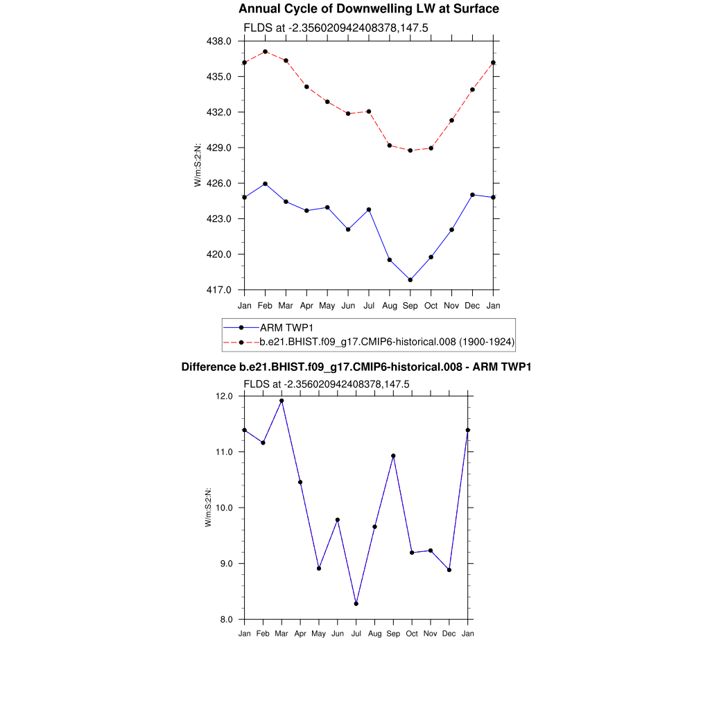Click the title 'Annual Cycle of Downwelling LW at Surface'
pyautogui.click(x=368, y=9)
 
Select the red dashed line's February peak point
pyautogui.click(x=266, y=51)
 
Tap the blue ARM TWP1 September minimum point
pyautogui.click(x=410, y=280)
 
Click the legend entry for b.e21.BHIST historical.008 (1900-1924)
pyautogui.click(x=387, y=342)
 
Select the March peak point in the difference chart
pyautogui.click(x=282, y=401)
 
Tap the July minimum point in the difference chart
pyautogui.click(x=356, y=604)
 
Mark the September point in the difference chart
pyautogui.click(x=393, y=456)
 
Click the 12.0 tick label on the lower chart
pyautogui.click(x=227, y=397)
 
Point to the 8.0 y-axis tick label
pyautogui.click(x=227, y=619)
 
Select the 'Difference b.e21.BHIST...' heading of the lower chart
pyautogui.click(x=356, y=367)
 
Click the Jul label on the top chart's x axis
pyautogui.click(x=369, y=305)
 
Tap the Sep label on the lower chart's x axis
pyautogui.click(x=393, y=634)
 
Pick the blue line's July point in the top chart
pyautogui.click(x=369, y=209)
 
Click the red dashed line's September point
pyautogui.click(x=410, y=150)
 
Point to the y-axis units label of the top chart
pyautogui.click(x=198, y=166)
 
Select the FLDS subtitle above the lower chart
pyautogui.click(x=327, y=384)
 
